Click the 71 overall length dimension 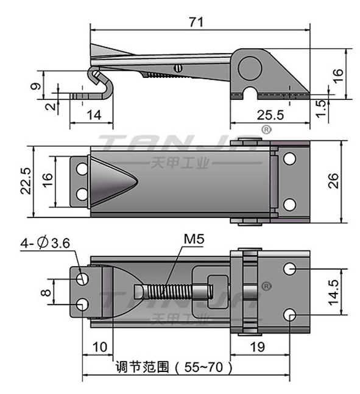[x=196, y=22]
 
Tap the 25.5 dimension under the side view [x=270, y=115]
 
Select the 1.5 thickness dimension [x=321, y=109]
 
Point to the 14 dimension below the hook [x=94, y=115]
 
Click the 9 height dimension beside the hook [x=35, y=86]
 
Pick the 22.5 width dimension [x=26, y=181]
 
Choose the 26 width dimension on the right [x=333, y=181]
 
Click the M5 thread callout [x=194, y=239]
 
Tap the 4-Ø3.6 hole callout [x=45, y=243]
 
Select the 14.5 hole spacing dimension [x=334, y=292]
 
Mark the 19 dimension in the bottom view [x=258, y=347]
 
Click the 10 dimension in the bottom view [x=100, y=347]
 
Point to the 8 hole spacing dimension [x=46, y=292]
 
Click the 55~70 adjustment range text [x=203, y=367]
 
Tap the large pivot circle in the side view [x=250, y=69]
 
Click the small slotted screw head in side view [x=178, y=68]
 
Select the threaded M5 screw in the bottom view [x=174, y=292]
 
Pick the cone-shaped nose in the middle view [x=112, y=181]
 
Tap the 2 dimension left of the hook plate [x=51, y=107]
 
